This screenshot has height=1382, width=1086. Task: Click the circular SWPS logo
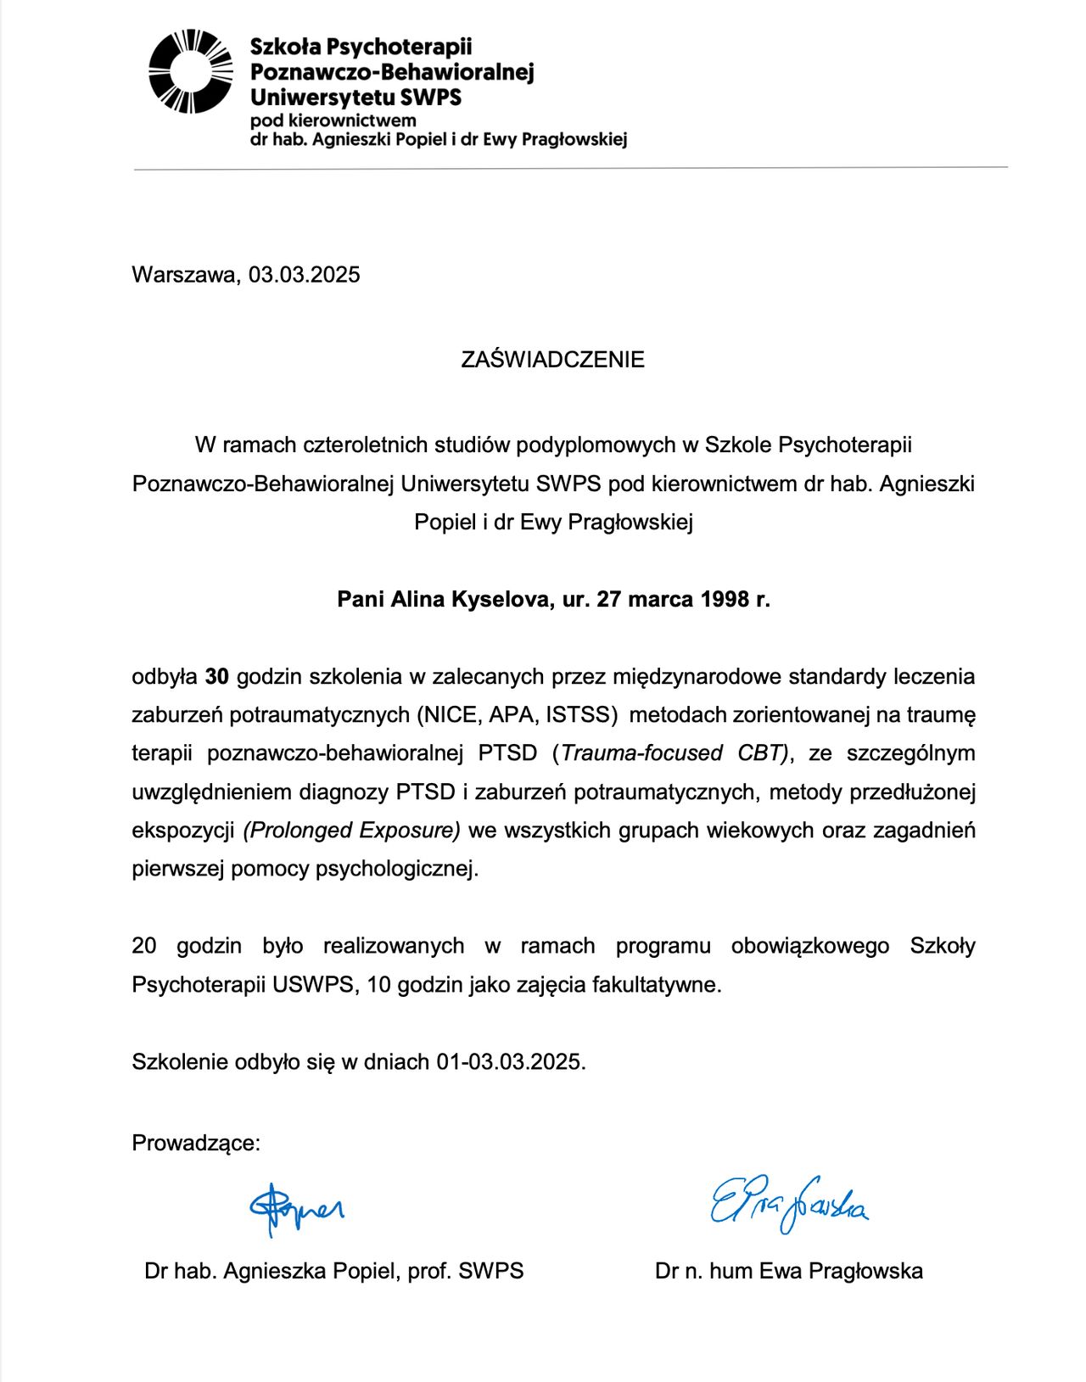click(191, 72)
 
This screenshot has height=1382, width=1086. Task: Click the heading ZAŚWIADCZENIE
click(552, 360)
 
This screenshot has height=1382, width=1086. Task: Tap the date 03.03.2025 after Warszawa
click(305, 275)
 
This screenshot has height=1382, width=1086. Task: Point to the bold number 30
click(217, 677)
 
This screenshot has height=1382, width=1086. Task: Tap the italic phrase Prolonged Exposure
click(352, 831)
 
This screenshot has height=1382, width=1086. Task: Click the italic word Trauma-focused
click(641, 753)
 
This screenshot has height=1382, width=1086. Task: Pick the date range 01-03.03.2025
click(511, 1062)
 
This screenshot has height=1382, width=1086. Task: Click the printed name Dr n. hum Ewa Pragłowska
click(789, 1272)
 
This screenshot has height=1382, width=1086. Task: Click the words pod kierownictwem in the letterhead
click(333, 121)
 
